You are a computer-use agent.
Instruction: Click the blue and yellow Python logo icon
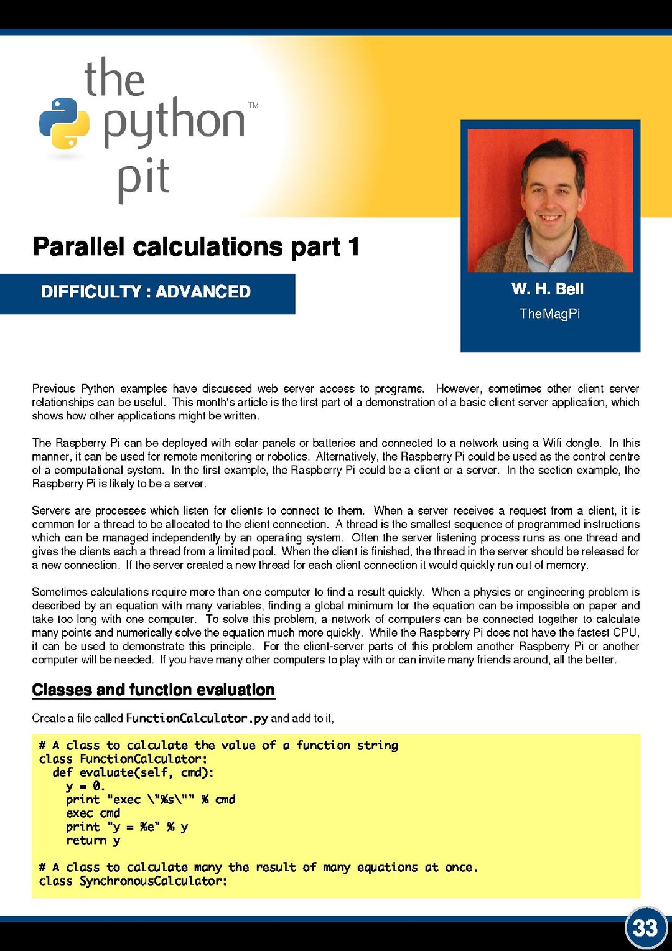64,124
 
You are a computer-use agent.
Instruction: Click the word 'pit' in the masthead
144,178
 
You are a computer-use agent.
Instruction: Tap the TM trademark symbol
253,105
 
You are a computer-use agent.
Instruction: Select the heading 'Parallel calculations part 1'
196,247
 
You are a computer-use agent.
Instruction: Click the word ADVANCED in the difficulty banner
203,292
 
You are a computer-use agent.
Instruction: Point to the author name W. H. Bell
548,289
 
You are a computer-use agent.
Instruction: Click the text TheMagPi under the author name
549,314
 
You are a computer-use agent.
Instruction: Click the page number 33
645,928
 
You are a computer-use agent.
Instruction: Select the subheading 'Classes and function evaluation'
153,690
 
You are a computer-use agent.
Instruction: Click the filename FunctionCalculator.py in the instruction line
197,718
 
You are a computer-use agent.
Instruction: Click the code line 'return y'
93,840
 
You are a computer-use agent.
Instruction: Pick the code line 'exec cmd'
93,813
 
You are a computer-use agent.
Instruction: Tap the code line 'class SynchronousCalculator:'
133,881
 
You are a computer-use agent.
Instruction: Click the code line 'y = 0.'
85,786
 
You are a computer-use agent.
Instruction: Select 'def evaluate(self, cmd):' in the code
133,772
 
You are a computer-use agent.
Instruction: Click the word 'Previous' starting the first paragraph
54,389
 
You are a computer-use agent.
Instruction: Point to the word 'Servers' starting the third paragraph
52,511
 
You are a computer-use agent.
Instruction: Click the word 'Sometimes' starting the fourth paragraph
60,592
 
